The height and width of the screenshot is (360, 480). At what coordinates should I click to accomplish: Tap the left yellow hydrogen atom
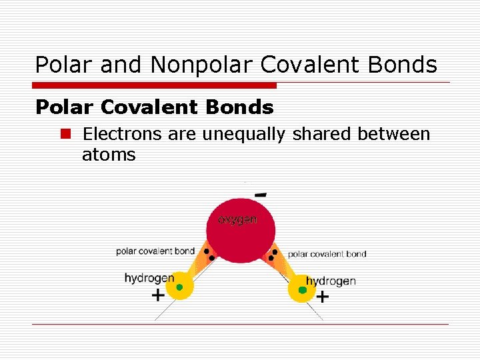(x=179, y=287)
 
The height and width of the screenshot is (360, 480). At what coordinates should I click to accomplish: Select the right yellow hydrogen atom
(x=302, y=290)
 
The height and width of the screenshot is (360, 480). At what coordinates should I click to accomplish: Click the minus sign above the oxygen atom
(x=261, y=195)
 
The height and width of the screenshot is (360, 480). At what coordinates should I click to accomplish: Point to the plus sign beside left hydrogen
(x=158, y=295)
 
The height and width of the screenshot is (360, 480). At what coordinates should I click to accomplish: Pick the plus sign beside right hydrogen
(x=323, y=297)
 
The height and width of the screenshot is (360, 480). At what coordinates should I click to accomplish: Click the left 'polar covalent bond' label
(x=155, y=251)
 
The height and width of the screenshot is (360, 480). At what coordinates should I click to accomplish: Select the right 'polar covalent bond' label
(x=327, y=254)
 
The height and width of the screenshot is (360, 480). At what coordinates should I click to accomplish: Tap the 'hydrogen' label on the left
(x=149, y=278)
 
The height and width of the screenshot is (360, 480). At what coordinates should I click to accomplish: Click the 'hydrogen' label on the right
(x=331, y=281)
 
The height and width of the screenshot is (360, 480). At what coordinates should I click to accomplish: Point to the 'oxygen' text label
(x=237, y=219)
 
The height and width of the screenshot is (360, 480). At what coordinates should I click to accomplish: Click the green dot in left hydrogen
(x=179, y=287)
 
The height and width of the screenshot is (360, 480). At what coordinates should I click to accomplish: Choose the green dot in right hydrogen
(x=303, y=290)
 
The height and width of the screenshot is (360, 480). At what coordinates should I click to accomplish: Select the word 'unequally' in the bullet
(x=243, y=134)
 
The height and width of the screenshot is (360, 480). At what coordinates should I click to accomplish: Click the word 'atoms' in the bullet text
(x=109, y=155)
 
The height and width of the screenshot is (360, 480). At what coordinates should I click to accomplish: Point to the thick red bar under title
(x=154, y=85)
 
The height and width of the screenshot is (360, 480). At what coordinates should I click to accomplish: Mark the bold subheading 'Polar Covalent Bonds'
(x=154, y=107)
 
